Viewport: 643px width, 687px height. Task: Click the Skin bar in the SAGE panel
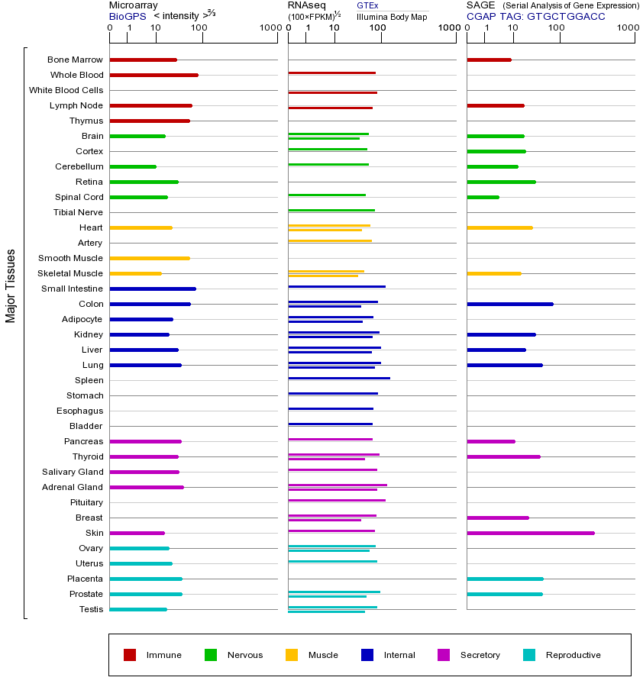pyautogui.click(x=530, y=533)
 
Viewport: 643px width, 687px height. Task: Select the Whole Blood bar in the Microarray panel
pyautogui.click(x=153, y=75)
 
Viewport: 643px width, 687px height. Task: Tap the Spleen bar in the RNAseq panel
pyautogui.click(x=338, y=378)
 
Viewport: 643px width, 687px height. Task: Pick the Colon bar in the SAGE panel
pyautogui.click(x=509, y=304)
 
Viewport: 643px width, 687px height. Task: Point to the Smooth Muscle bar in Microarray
pyautogui.click(x=150, y=258)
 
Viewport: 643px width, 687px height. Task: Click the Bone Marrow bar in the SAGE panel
pyautogui.click(x=489, y=60)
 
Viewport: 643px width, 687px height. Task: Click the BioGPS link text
pyautogui.click(x=128, y=16)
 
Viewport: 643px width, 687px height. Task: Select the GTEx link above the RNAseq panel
pyautogui.click(x=367, y=5)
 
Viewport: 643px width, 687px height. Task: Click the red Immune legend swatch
pyautogui.click(x=130, y=655)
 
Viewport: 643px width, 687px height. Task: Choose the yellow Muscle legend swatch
pyautogui.click(x=292, y=655)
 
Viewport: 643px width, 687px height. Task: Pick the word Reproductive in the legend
pyautogui.click(x=573, y=655)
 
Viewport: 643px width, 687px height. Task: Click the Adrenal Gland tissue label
pyautogui.click(x=73, y=487)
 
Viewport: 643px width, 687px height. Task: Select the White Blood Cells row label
pyautogui.click(x=66, y=90)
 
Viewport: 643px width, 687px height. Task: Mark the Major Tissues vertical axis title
pyautogui.click(x=11, y=285)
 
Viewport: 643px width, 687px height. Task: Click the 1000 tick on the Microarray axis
pyautogui.click(x=270, y=28)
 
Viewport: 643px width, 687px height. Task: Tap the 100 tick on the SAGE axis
pyautogui.click(x=557, y=28)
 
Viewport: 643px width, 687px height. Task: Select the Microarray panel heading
pyautogui.click(x=134, y=5)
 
